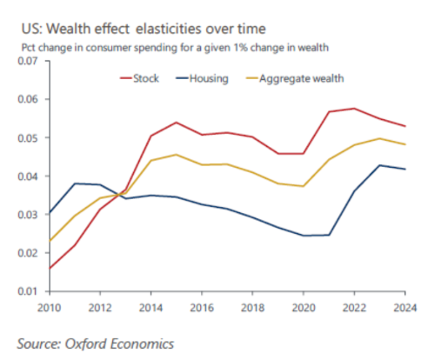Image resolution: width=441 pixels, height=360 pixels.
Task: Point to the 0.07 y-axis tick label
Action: point(28,61)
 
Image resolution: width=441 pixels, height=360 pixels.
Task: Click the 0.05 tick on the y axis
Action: point(28,138)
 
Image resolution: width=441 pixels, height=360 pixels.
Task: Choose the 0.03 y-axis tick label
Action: point(28,215)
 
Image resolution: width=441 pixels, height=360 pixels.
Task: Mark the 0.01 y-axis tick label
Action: point(28,291)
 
